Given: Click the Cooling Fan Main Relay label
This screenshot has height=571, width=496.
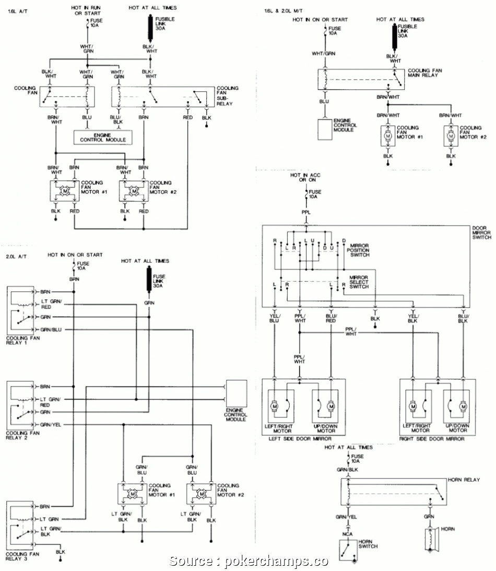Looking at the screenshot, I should point(425,73).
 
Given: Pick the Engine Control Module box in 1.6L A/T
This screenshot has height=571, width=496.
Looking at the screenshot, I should point(102,137).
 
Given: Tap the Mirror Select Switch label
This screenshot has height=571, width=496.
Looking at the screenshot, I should point(359,282).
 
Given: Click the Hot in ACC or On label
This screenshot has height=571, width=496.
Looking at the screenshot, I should point(306,178).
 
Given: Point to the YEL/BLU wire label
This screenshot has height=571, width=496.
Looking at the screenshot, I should point(275,318).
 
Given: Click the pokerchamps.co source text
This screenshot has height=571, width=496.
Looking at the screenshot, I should point(249,561).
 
